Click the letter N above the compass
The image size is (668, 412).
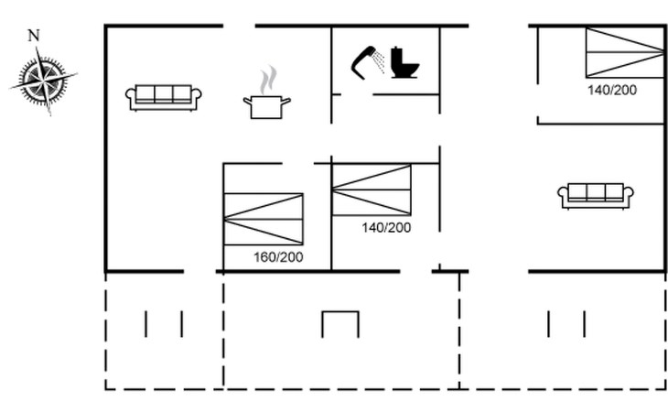(34, 36)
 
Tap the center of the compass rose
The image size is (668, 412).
(43, 80)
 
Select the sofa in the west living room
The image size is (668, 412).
(164, 98)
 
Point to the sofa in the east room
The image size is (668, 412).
(596, 196)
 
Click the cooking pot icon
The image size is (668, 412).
(266, 107)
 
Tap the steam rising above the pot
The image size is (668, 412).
(268, 80)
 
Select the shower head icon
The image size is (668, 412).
(363, 62)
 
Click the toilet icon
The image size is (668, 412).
(404, 62)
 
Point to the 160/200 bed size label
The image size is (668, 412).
(278, 257)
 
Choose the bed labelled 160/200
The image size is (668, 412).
(264, 219)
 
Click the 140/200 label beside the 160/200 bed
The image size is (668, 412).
(386, 228)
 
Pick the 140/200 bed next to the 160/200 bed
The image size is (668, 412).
(372, 190)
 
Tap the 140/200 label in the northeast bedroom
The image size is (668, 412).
(612, 90)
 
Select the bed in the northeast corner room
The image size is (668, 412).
(625, 52)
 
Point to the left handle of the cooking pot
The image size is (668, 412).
(247, 102)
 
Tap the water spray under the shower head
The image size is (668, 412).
(379, 61)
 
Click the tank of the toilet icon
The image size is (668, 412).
(397, 56)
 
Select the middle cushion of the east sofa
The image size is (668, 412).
(596, 191)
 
